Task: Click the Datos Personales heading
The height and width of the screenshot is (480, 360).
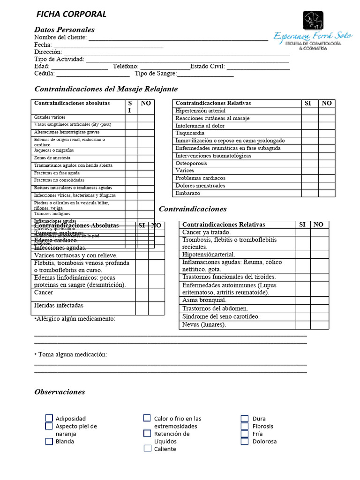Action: click(x=64, y=30)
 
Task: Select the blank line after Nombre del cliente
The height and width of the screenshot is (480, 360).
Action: click(x=178, y=37)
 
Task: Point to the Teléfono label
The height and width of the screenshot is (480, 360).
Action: click(x=126, y=67)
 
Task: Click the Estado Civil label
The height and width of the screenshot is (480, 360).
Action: click(x=207, y=67)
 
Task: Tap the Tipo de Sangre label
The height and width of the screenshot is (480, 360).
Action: click(x=155, y=74)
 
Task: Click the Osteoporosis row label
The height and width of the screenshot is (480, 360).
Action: click(x=191, y=163)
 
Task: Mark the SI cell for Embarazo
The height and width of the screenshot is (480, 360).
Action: click(x=309, y=193)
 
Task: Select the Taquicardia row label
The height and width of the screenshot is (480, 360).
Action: click(x=190, y=133)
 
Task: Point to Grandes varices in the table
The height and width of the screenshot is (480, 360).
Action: click(x=50, y=117)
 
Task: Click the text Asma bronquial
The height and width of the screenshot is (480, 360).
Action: click(x=204, y=300)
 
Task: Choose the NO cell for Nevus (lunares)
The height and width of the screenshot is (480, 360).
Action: click(x=319, y=325)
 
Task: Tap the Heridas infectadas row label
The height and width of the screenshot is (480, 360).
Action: click(x=59, y=306)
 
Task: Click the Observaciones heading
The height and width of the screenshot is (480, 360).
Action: click(x=60, y=392)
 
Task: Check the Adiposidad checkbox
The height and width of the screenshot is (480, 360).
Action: click(x=49, y=418)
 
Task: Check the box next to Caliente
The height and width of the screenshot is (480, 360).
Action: click(x=148, y=449)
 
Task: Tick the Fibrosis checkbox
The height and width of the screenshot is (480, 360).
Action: click(x=245, y=426)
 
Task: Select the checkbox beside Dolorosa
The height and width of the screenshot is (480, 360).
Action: click(x=245, y=441)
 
